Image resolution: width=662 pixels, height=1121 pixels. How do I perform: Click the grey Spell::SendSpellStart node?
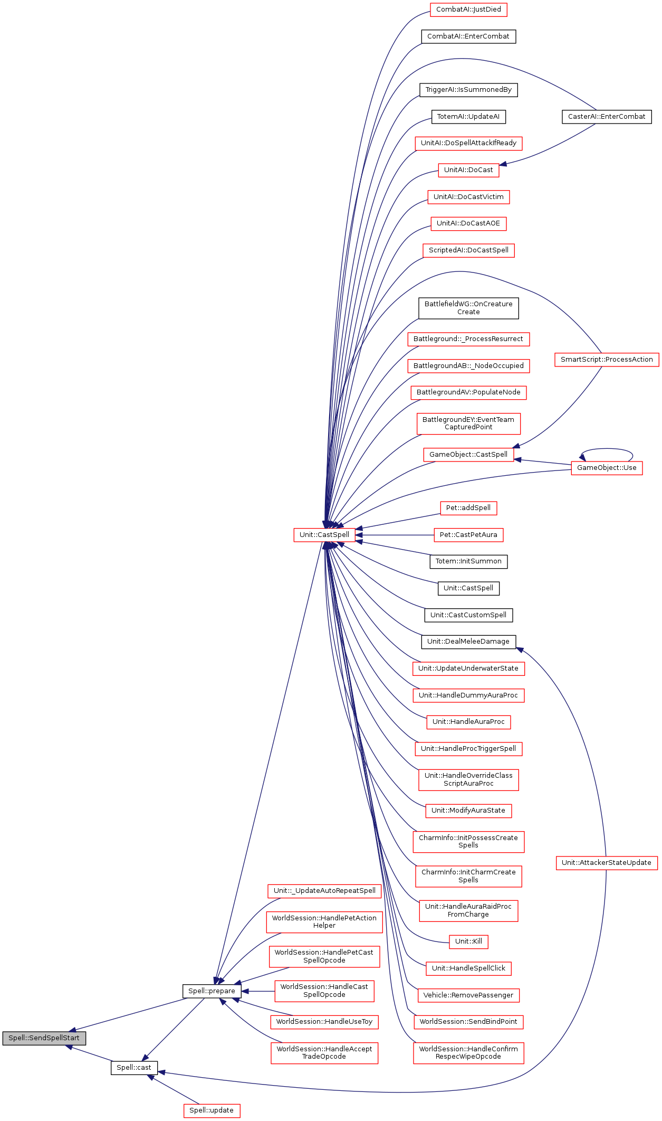coord(44,1038)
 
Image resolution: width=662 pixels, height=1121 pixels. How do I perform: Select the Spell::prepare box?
coord(212,991)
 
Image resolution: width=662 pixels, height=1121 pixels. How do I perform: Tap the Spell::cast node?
coord(134,1067)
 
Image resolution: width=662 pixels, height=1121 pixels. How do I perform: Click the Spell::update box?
coord(212,1110)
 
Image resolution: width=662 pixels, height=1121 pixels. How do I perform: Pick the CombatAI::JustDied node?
coord(468,10)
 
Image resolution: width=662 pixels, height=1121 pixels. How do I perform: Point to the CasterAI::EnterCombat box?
coord(607,117)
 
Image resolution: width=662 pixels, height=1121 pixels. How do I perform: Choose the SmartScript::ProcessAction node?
coord(607,360)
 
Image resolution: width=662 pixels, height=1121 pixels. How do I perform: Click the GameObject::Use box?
coord(607,468)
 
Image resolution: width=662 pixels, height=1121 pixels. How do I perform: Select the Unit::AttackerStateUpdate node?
coord(607,862)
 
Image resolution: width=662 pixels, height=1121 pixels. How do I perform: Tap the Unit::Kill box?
coord(468,941)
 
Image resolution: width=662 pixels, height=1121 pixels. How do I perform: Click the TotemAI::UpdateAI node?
coord(468,117)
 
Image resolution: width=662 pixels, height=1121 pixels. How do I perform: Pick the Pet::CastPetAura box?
coord(468,535)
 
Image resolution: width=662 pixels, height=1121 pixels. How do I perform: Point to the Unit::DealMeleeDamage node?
coord(468,642)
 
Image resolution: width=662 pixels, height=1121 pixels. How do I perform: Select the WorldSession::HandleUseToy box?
coord(324,1022)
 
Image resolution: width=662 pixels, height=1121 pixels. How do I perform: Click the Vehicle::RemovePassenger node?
coord(468,995)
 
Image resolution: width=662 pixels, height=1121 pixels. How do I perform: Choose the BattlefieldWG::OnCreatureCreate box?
coord(468,308)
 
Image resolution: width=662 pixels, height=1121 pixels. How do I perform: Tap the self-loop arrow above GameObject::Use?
coord(607,449)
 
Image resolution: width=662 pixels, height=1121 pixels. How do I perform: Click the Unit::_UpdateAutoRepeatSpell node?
coord(324,891)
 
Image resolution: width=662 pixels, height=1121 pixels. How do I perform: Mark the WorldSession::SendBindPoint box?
coord(468,1022)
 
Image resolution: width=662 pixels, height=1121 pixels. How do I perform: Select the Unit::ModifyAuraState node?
coord(468,811)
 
